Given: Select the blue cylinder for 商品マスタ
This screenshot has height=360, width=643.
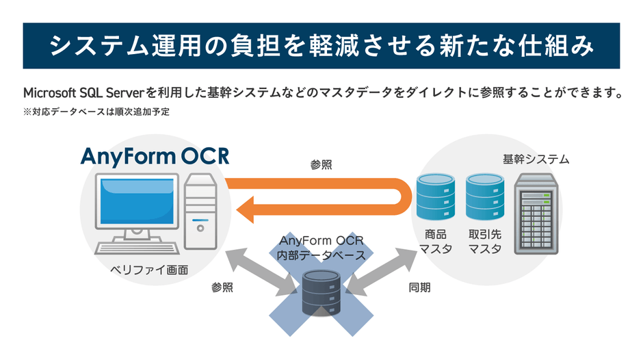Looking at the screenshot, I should click(435, 195).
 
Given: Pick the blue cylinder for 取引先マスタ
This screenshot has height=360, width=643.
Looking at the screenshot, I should click(484, 195).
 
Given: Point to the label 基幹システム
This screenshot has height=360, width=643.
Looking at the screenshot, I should click(536, 159).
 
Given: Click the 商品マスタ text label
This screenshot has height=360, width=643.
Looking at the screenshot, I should click(435, 241).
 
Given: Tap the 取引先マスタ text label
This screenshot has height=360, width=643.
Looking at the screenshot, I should click(484, 241).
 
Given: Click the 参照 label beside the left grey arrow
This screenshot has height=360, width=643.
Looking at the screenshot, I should click(222, 287).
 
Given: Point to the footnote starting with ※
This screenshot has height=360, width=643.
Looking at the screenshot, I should click(96, 112).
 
